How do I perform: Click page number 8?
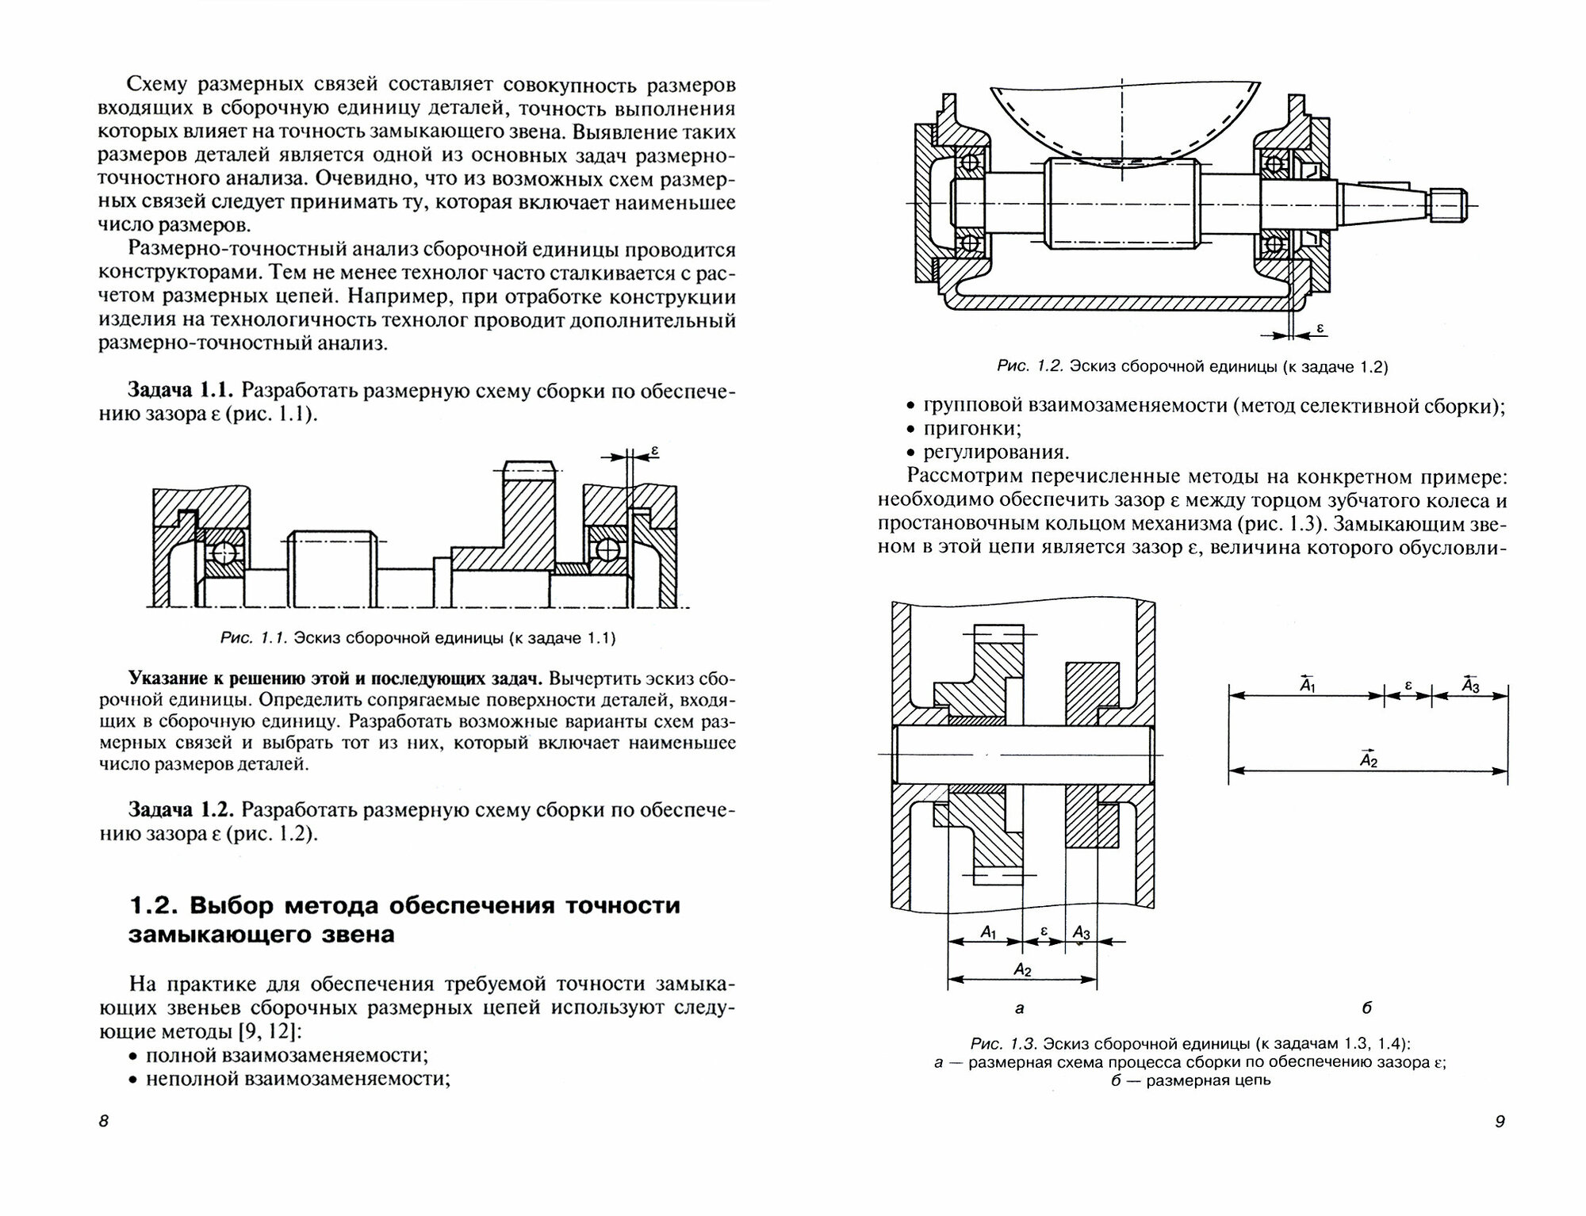pyautogui.click(x=104, y=1122)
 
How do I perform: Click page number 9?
pyautogui.click(x=1499, y=1122)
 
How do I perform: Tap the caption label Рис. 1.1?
pyautogui.click(x=251, y=638)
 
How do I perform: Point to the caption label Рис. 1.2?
pyautogui.click(x=1029, y=367)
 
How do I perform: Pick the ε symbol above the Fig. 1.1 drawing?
pyautogui.click(x=655, y=452)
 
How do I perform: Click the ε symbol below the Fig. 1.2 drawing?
pyautogui.click(x=1320, y=327)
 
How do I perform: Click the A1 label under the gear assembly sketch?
pyautogui.click(x=988, y=933)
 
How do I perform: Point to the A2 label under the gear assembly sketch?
pyautogui.click(x=1022, y=969)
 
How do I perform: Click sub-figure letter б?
pyautogui.click(x=1366, y=1008)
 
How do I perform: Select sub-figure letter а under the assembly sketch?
pyautogui.click(x=1020, y=1008)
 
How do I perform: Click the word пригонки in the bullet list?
pyautogui.click(x=971, y=429)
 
